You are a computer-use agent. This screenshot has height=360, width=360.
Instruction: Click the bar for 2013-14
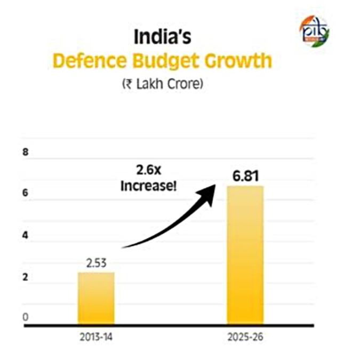click(96, 298)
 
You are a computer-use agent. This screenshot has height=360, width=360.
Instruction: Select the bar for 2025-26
click(245, 255)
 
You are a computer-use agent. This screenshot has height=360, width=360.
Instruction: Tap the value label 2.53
click(97, 263)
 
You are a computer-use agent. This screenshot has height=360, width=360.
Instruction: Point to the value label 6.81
click(245, 176)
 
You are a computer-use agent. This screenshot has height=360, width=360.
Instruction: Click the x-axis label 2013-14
click(96, 337)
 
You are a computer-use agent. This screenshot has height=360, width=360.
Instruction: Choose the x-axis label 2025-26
click(245, 337)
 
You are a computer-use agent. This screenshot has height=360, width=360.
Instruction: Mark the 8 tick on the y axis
click(26, 152)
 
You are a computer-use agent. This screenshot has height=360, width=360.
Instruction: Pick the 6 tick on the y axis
click(25, 193)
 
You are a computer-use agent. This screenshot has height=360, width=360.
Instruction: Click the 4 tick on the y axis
click(25, 235)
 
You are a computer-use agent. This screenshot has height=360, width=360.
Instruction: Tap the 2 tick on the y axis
click(25, 277)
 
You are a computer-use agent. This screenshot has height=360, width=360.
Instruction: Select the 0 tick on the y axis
click(26, 317)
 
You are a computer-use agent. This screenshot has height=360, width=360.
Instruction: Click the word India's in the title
click(162, 37)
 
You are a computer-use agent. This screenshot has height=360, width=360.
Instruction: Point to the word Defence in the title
click(90, 61)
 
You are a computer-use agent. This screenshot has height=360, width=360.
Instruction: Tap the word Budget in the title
click(165, 61)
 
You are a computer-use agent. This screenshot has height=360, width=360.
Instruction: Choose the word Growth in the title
click(238, 61)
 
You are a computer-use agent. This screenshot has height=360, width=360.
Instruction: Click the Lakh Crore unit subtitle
click(163, 84)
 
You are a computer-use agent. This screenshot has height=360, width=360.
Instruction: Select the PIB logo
click(314, 31)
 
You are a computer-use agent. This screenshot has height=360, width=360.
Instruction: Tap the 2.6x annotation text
click(149, 170)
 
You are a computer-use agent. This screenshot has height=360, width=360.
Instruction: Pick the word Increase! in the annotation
click(149, 186)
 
